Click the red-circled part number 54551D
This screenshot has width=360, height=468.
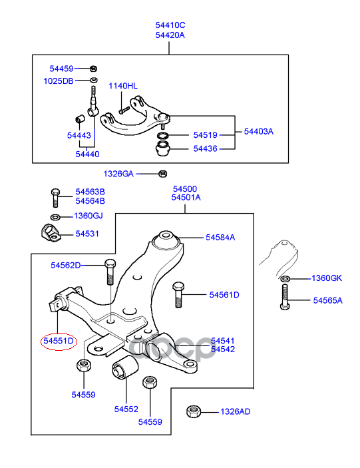click(x=59, y=341)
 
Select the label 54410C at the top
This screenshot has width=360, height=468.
click(x=170, y=25)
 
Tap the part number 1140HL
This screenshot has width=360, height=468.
click(x=123, y=86)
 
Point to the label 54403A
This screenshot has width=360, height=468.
click(x=259, y=131)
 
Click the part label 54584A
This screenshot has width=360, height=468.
click(x=220, y=237)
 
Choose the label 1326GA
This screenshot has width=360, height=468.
click(x=118, y=174)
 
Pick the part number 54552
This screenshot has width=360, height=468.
click(x=126, y=409)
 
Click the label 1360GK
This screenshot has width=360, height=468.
click(x=327, y=278)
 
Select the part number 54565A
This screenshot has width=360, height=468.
click(x=328, y=300)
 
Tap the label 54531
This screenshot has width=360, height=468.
click(x=87, y=234)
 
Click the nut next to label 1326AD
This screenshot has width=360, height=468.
click(x=194, y=412)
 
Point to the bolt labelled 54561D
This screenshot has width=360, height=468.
click(x=178, y=294)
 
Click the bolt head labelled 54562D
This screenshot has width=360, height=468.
click(x=110, y=264)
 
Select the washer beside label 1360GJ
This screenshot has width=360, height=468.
click(x=55, y=216)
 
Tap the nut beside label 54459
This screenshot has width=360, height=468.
click(x=93, y=69)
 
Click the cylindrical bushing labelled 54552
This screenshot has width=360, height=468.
click(x=125, y=367)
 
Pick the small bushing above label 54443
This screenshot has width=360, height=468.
click(x=80, y=118)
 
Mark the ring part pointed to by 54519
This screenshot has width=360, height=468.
click(x=163, y=135)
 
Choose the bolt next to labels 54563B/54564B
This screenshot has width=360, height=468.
click(x=55, y=198)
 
